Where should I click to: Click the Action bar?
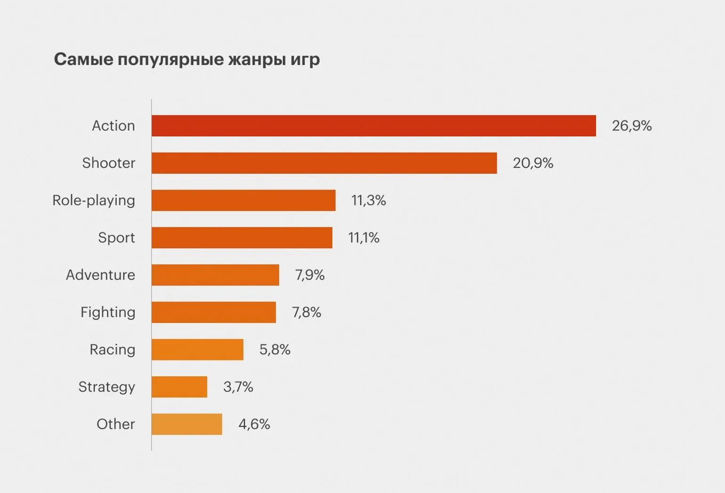[x=373, y=126]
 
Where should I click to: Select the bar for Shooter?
[x=324, y=163]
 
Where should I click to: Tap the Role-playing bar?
[x=243, y=200]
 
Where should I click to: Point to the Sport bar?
[x=242, y=237]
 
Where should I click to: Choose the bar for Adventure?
[x=215, y=275]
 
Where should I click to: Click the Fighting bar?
[x=213, y=312]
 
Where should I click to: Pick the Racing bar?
[x=197, y=349]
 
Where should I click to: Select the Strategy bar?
[x=179, y=387]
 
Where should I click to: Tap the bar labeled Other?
[x=186, y=424]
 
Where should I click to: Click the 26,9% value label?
[x=631, y=126]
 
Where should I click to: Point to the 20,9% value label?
[x=532, y=163]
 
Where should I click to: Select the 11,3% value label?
[x=368, y=200]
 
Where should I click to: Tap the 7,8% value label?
[x=306, y=312]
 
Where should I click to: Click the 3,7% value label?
[x=238, y=387]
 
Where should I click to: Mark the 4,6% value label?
[x=254, y=424]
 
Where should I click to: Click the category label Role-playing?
[x=94, y=201]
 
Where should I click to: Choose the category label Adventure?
[x=100, y=275]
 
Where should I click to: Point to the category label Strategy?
[x=106, y=387]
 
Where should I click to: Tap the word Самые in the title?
[x=83, y=59]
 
